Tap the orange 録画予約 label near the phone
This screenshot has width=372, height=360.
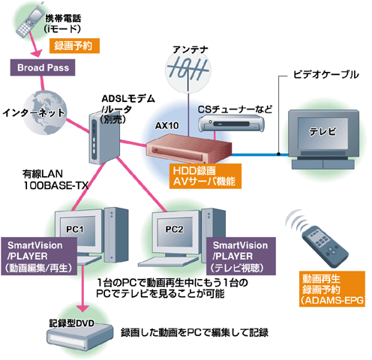pyautogui.click(x=73, y=46)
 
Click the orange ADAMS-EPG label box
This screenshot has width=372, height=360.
pyautogui.click(x=325, y=289)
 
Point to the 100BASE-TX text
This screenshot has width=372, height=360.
pyautogui.click(x=49, y=184)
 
